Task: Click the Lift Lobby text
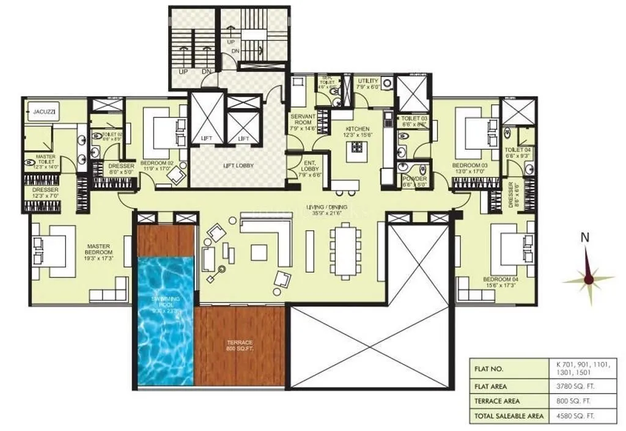pyautogui.click(x=238, y=166)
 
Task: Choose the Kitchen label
pyautogui.click(x=356, y=131)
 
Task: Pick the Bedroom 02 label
pyautogui.click(x=157, y=166)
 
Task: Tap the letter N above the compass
pyautogui.click(x=585, y=238)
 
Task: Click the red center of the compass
pyautogui.click(x=588, y=279)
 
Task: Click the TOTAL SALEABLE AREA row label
pyautogui.click(x=508, y=416)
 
